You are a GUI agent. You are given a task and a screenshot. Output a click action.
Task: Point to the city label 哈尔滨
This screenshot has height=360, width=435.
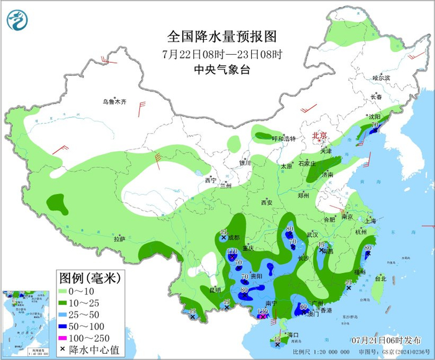[381, 78]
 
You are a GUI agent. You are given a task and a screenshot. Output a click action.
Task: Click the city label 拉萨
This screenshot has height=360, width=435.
[119, 239]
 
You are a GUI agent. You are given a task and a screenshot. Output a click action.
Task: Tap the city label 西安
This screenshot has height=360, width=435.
[267, 202]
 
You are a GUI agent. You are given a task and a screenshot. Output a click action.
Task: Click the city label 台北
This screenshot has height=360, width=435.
[380, 279]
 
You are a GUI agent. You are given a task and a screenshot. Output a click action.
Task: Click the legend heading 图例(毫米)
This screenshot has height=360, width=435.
[90, 276]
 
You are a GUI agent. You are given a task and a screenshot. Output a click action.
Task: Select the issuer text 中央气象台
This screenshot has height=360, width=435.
[213, 70]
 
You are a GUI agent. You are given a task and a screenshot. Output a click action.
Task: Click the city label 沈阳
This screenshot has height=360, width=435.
[373, 116]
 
